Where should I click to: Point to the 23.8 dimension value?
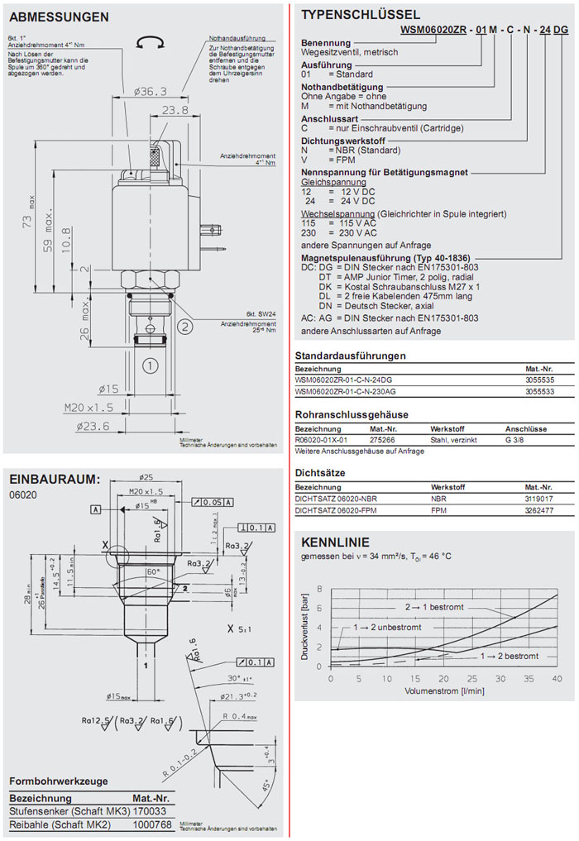tap(175, 109)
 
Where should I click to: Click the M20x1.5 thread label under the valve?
tap(89, 408)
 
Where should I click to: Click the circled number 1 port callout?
tap(150, 364)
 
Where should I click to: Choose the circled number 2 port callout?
tap(186, 326)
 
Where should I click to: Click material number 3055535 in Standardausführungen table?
tap(539, 380)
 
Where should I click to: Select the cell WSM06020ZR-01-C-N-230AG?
tap(346, 391)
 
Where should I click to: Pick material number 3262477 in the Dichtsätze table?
tap(539, 511)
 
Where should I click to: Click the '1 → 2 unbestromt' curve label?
tap(386, 628)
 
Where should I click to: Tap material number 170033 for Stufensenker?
tap(151, 812)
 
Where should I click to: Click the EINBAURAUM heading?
tap(55, 479)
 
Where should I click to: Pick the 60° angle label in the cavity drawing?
tap(152, 572)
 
